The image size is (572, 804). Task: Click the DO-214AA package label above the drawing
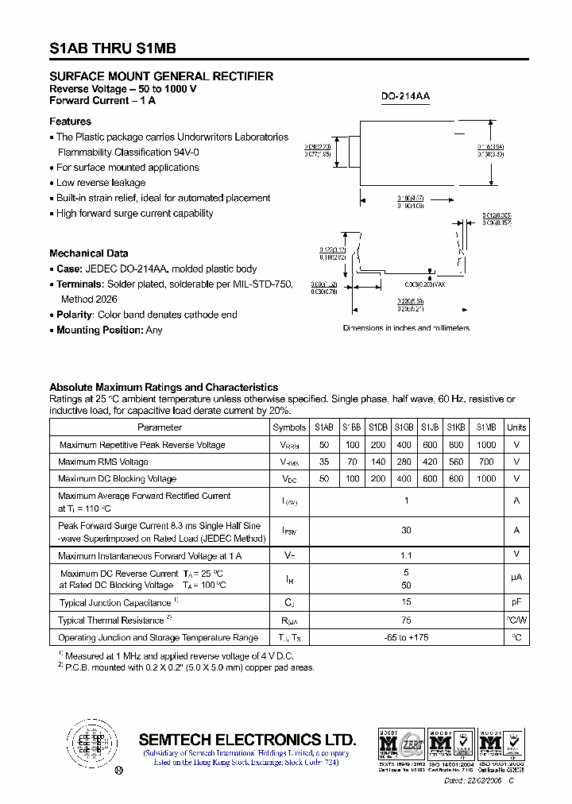(405, 96)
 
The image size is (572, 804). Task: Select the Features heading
(70, 122)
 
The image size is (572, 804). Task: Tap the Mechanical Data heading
(88, 253)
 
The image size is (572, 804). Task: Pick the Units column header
(516, 427)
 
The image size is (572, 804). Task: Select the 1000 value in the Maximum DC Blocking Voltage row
(486, 479)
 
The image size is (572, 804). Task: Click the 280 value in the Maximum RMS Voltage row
(404, 462)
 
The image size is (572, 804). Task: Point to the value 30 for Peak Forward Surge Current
(407, 530)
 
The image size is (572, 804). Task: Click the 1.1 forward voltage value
(407, 555)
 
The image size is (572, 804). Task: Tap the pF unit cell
(516, 603)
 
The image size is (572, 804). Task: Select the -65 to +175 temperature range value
(407, 638)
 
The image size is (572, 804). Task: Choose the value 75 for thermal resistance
(407, 620)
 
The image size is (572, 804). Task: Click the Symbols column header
(289, 427)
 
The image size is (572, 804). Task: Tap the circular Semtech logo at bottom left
(89, 742)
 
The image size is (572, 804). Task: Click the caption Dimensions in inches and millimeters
(406, 328)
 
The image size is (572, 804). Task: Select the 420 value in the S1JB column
(430, 462)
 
